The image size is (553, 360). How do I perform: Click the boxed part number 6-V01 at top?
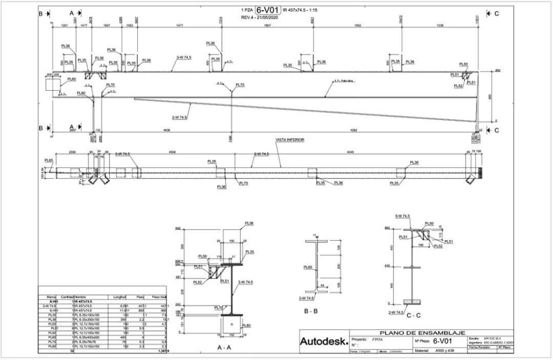coord(268,10)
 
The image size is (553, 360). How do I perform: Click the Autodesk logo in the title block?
coord(322,341)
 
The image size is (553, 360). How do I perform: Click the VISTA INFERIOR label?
coord(291,139)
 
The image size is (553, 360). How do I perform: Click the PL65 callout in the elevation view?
coord(71,79)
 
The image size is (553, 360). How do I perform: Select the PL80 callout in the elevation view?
coord(81,93)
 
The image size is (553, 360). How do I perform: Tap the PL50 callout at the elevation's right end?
coord(463,64)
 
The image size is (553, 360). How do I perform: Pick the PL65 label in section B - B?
coord(308,267)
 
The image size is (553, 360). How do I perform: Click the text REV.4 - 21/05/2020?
coord(262,18)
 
